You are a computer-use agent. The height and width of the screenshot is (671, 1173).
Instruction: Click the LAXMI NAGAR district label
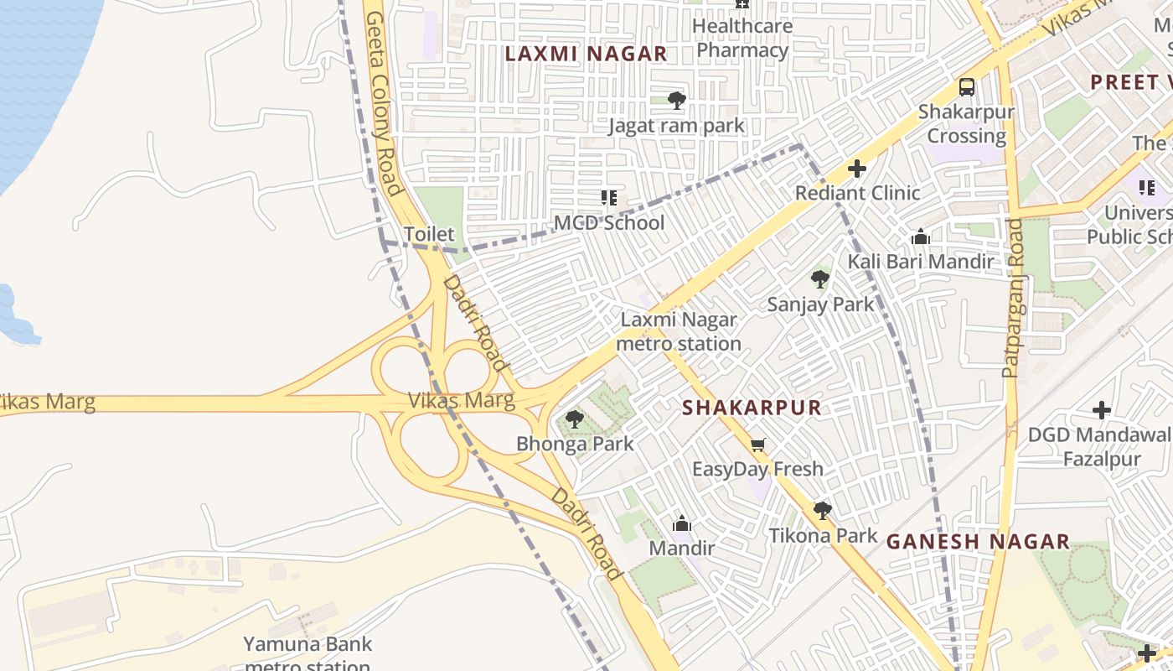[x=586, y=54]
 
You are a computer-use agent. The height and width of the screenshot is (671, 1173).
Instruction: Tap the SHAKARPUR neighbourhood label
[x=752, y=408]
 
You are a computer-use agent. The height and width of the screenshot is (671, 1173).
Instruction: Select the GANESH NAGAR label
[x=978, y=542]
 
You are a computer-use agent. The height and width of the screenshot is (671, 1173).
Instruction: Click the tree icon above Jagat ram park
[x=677, y=101]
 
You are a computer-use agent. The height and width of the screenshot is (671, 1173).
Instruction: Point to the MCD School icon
[x=609, y=198]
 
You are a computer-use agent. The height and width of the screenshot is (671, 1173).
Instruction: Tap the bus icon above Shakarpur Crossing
[x=966, y=86]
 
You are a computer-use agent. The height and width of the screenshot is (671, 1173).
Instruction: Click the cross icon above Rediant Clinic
[x=856, y=169]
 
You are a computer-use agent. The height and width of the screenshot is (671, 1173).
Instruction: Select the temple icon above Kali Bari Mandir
[x=921, y=237]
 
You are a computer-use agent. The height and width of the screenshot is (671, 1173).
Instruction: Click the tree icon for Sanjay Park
[x=820, y=279]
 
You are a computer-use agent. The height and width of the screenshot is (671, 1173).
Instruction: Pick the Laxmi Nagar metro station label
[x=679, y=331]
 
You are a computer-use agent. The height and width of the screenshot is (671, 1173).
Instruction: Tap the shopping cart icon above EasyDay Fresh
[x=757, y=445]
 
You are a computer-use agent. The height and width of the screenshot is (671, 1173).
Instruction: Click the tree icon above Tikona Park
[x=823, y=510]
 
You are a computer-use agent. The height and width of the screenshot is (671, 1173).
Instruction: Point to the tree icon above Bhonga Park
[x=574, y=419]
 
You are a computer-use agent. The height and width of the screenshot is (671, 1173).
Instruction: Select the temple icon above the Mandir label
[x=682, y=523]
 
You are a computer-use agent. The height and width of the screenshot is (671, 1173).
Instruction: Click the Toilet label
[x=429, y=234]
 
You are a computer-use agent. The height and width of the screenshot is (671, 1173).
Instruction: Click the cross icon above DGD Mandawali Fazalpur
[x=1102, y=410]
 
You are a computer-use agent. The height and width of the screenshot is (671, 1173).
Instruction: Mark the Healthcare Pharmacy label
[x=742, y=39]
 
